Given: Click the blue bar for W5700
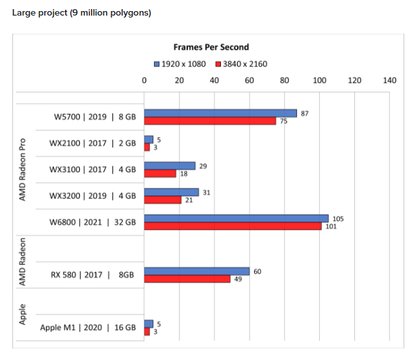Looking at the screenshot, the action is click(x=220, y=113).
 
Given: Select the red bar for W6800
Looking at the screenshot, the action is click(x=233, y=226).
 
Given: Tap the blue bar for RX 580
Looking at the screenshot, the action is click(x=197, y=272).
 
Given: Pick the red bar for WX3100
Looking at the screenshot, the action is click(x=160, y=174).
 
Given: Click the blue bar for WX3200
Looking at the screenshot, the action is click(x=172, y=192).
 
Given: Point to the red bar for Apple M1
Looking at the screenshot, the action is click(x=147, y=331).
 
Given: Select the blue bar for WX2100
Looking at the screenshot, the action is click(x=149, y=140).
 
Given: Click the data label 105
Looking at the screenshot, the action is click(x=338, y=219).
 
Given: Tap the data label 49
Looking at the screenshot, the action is click(x=238, y=279).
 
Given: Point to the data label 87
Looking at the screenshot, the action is click(x=304, y=114).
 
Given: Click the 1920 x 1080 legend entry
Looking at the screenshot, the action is click(x=180, y=64).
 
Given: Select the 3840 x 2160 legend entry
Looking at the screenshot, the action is click(x=241, y=64).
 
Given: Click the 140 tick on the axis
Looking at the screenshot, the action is click(x=389, y=80).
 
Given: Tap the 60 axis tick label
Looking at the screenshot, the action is click(x=250, y=80).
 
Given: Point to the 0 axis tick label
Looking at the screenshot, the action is click(x=144, y=80).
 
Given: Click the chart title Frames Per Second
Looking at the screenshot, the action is click(x=211, y=47).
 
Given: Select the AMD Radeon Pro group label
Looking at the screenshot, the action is click(x=23, y=170).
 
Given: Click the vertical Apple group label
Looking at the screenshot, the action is click(x=23, y=315).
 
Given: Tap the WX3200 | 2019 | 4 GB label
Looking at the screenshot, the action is click(x=92, y=196).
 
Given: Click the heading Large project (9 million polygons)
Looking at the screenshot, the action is click(x=82, y=12).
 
